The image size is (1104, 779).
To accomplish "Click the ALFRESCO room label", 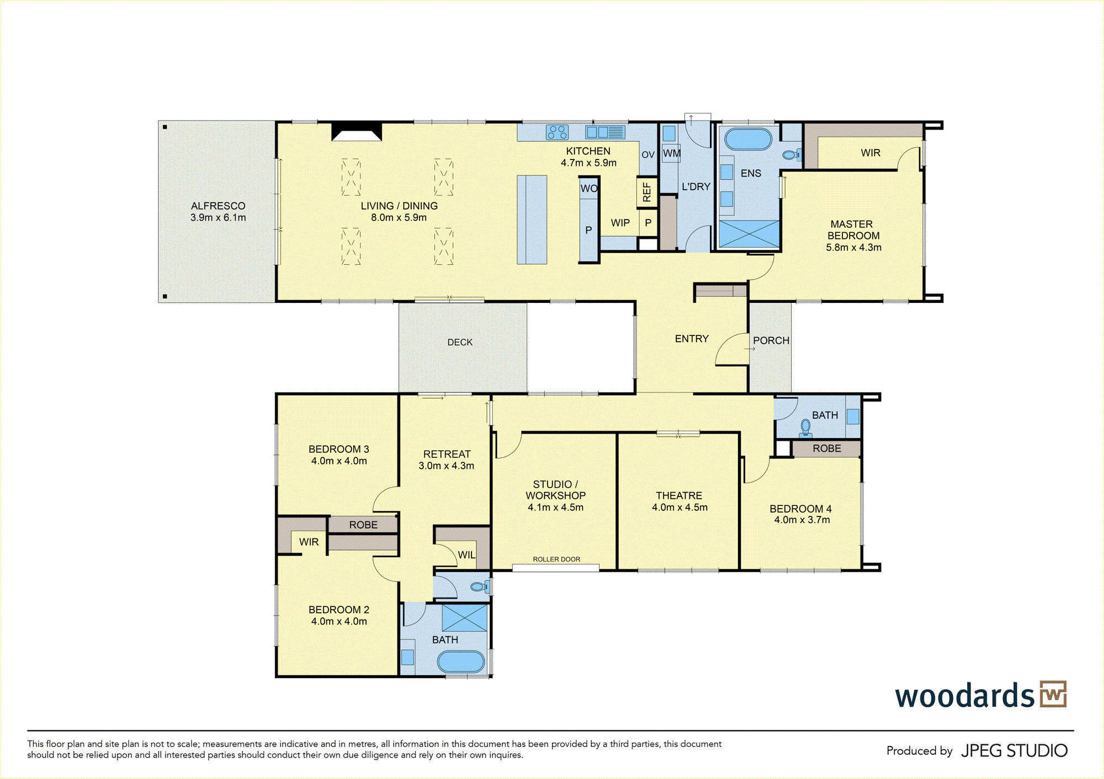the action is [218, 206].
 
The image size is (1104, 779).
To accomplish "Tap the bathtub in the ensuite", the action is [748, 139].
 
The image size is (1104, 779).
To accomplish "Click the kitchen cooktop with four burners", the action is [557, 132].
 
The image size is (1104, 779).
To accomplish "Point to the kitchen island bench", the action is [532, 220].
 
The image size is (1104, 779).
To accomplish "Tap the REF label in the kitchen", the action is [647, 192].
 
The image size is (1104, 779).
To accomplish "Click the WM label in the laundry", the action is [672, 153].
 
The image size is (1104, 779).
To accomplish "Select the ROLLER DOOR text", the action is [556, 559].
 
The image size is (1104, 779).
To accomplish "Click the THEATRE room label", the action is [679, 495].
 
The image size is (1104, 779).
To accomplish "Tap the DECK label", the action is [460, 342].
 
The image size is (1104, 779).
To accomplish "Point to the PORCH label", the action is [771, 340].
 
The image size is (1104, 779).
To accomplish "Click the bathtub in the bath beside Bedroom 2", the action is [461, 661].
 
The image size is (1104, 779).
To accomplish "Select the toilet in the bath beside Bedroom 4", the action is [806, 428].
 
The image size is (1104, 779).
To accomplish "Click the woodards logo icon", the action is [1053, 694].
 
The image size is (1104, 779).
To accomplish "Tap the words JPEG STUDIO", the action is [1015, 750].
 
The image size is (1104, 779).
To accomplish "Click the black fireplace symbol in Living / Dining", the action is [357, 132].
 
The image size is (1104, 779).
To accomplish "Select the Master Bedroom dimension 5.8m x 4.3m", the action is [853, 247].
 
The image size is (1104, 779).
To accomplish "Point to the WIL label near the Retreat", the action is [466, 554].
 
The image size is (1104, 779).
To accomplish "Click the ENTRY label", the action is [692, 339].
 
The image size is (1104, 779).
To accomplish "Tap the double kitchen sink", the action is [605, 132].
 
